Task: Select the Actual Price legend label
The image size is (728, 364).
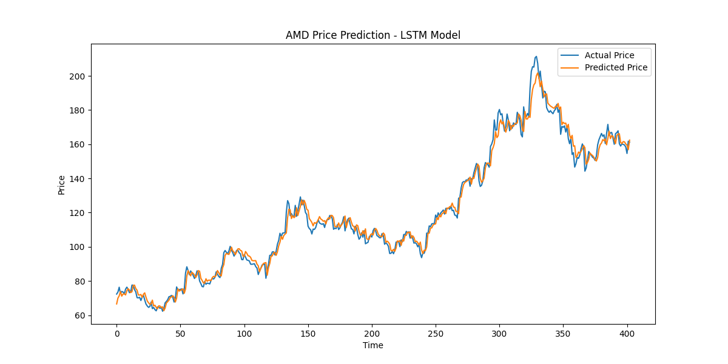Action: tap(609, 55)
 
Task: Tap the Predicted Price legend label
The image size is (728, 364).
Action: tap(616, 67)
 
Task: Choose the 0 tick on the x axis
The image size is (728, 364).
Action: tap(117, 333)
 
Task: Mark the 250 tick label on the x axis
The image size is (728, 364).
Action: tap(436, 333)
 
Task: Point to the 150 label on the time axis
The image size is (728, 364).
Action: tap(308, 333)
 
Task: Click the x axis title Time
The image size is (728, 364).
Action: tap(372, 345)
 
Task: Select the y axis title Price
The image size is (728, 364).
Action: tap(62, 184)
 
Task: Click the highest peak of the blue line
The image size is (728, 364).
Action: tap(536, 56)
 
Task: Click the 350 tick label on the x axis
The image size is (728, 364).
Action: tap(564, 333)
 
